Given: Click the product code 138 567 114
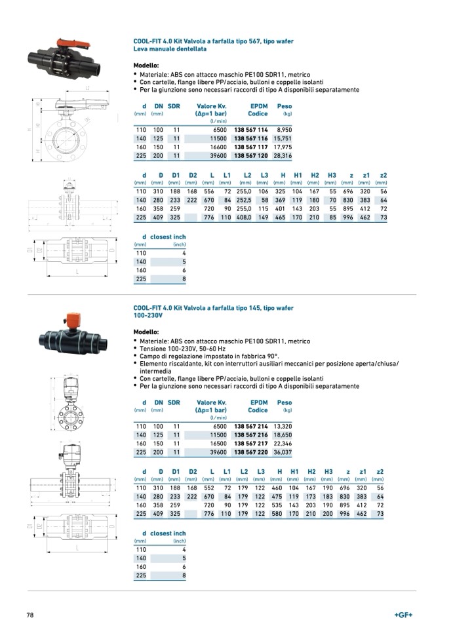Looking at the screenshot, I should pyautogui.click(x=251, y=130).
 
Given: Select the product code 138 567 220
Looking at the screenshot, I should pyautogui.click(x=251, y=452).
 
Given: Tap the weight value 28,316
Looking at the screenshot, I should pyautogui.click(x=283, y=157).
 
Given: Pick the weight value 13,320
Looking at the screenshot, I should pyautogui.click(x=283, y=426).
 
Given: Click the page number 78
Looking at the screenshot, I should pyautogui.click(x=30, y=615).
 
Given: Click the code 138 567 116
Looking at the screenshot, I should pyautogui.click(x=251, y=140).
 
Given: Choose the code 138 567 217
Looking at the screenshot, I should pyautogui.click(x=251, y=444).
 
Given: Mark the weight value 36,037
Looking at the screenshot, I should pyautogui.click(x=283, y=452).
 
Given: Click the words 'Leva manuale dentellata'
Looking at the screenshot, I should pyautogui.click(x=170, y=49).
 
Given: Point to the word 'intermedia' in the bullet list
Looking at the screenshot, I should pyautogui.click(x=153, y=370).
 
